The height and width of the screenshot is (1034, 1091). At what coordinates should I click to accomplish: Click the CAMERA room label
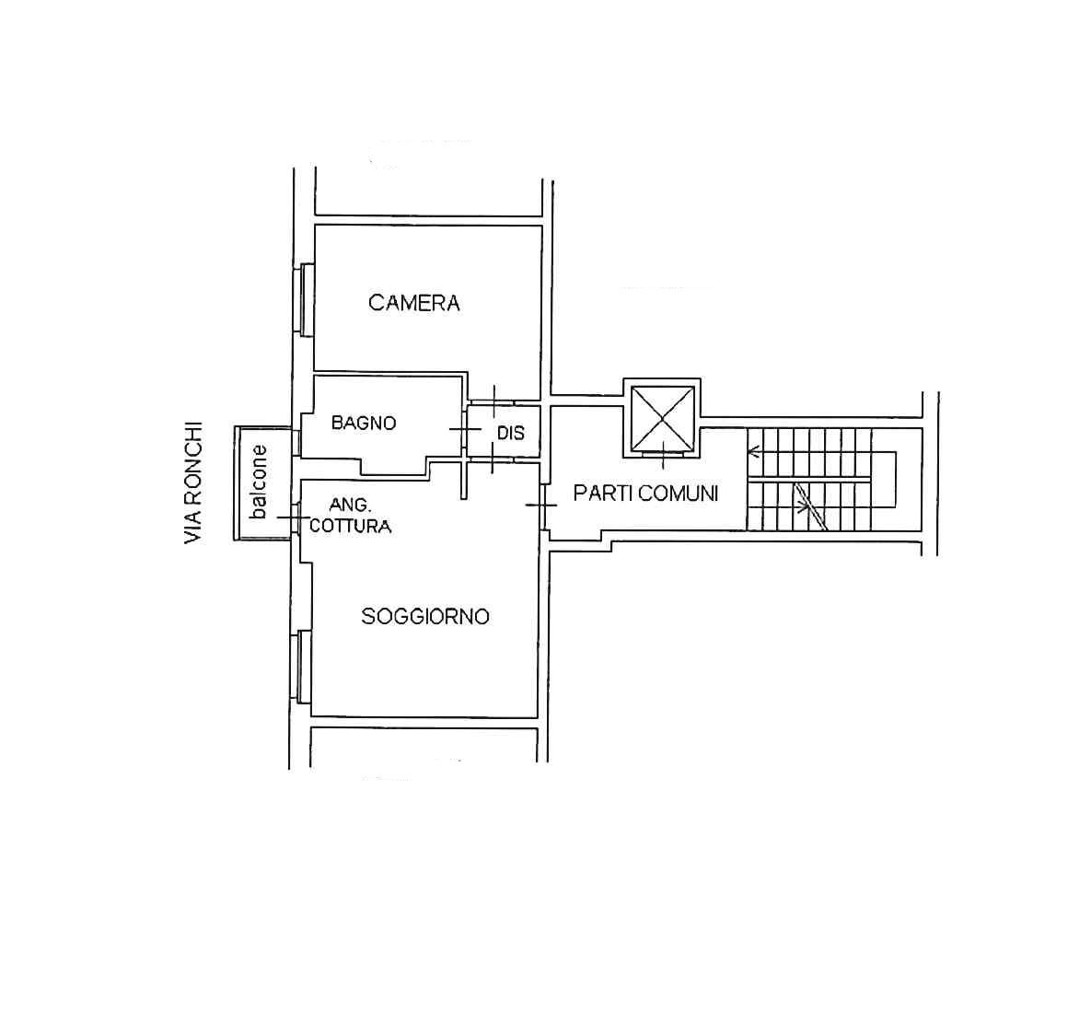pyautogui.click(x=414, y=303)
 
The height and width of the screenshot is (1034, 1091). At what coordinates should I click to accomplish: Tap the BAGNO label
pyautogui.click(x=364, y=423)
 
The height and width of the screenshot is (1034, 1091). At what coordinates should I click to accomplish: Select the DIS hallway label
pyautogui.click(x=510, y=433)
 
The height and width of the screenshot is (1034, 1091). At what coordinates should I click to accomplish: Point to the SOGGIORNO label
pyautogui.click(x=425, y=617)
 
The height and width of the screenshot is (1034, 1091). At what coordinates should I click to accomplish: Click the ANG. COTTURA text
pyautogui.click(x=350, y=516)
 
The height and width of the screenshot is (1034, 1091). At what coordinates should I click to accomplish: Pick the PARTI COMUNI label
pyautogui.click(x=645, y=494)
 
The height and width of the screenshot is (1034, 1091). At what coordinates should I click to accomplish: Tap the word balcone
pyautogui.click(x=258, y=482)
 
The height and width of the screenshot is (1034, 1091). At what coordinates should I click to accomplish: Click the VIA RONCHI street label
pyautogui.click(x=193, y=482)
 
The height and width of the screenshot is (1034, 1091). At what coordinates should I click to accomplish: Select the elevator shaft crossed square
pyautogui.click(x=662, y=418)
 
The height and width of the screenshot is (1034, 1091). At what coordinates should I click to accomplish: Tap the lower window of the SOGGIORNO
pyautogui.click(x=304, y=667)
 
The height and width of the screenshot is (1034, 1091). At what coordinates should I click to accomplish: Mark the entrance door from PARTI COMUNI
pyautogui.click(x=542, y=505)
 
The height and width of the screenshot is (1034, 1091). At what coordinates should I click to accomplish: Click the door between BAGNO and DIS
pyautogui.click(x=465, y=429)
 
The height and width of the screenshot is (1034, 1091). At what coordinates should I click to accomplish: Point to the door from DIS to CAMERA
pyautogui.click(x=494, y=401)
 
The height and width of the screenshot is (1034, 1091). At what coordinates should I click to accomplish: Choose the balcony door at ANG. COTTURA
pyautogui.click(x=294, y=517)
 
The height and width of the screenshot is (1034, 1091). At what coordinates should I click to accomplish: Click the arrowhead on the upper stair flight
pyautogui.click(x=753, y=452)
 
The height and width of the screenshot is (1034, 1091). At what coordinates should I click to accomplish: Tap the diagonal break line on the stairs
pyautogui.click(x=810, y=506)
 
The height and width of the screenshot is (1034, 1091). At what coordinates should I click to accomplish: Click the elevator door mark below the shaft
pyautogui.click(x=662, y=456)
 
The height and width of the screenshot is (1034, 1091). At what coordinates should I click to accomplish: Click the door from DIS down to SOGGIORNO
pyautogui.click(x=492, y=459)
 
